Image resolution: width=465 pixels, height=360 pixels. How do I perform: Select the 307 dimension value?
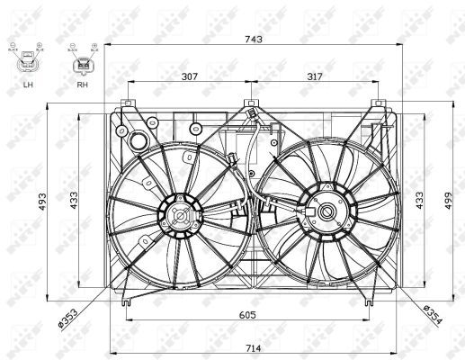188,76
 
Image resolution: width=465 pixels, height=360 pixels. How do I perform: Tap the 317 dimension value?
315,76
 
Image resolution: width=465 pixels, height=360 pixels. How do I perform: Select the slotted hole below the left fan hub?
147,240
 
